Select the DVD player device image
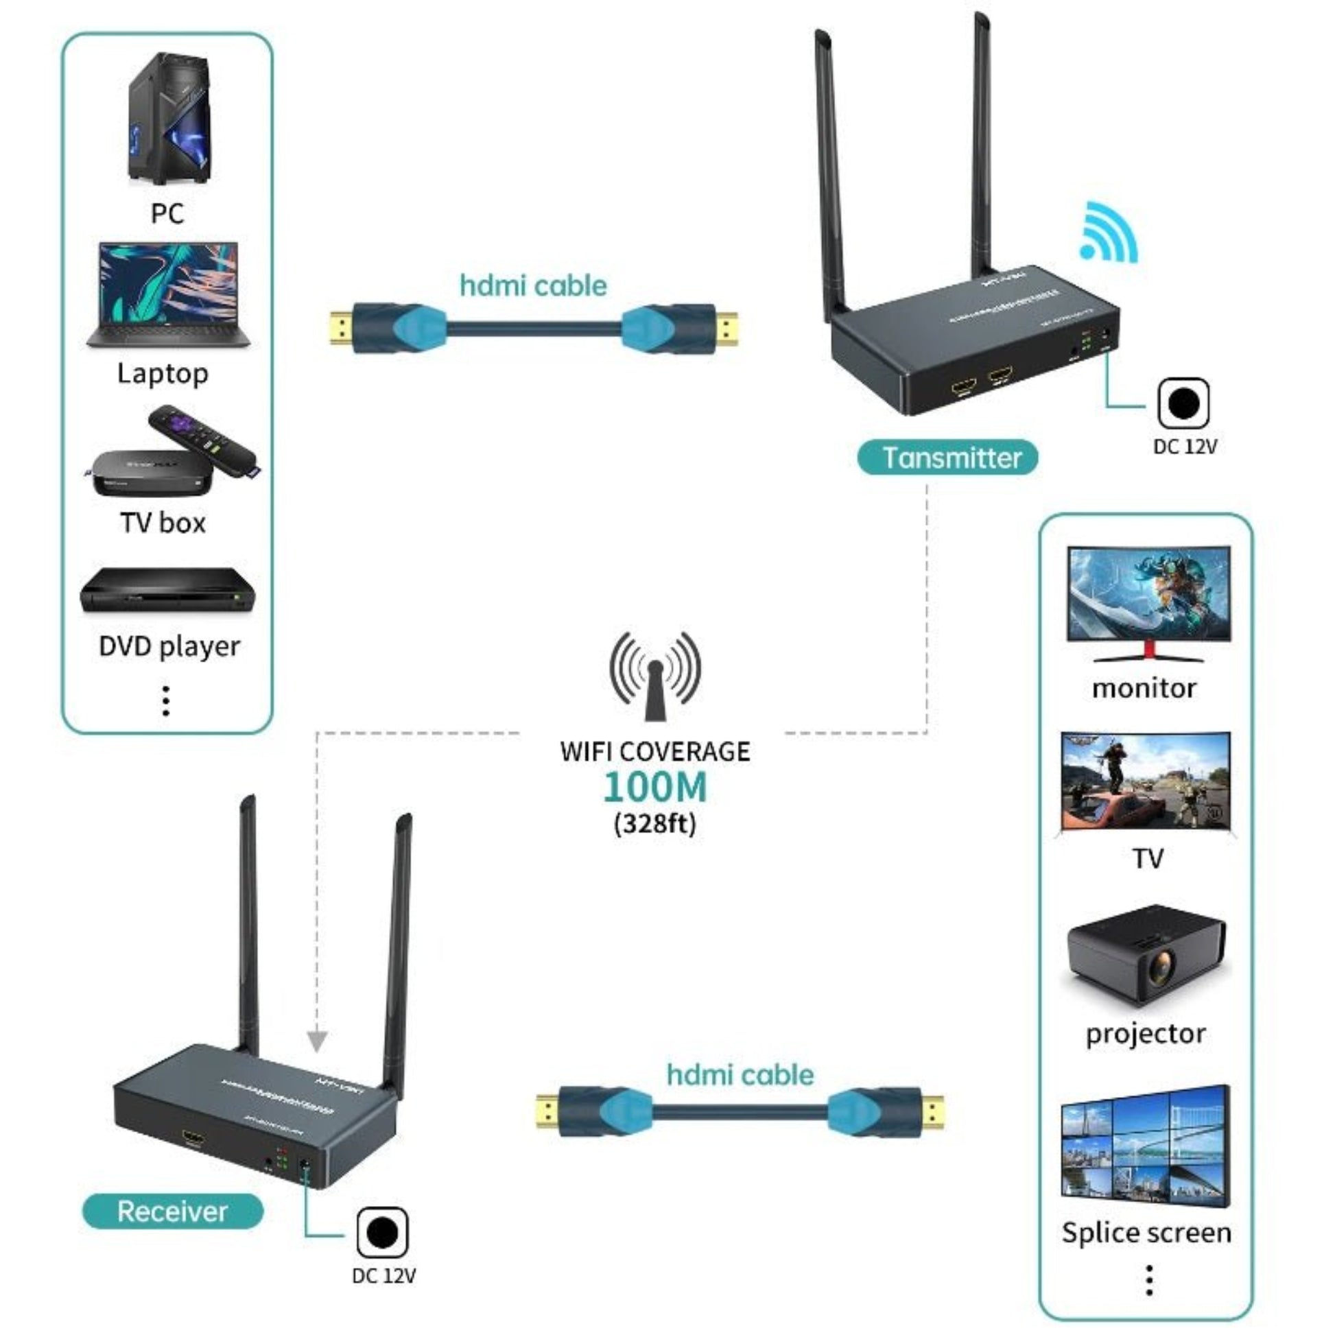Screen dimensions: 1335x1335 (x=167, y=591)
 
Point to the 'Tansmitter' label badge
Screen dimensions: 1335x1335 (x=947, y=458)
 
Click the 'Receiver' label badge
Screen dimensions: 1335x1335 (x=173, y=1212)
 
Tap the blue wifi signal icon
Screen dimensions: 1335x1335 (x=1108, y=233)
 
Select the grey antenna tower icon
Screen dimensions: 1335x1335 (x=654, y=677)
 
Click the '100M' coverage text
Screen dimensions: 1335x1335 (x=654, y=787)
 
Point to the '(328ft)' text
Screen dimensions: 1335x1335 (x=654, y=824)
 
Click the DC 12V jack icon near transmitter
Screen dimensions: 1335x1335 (x=1183, y=403)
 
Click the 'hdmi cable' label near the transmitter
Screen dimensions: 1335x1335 (x=533, y=286)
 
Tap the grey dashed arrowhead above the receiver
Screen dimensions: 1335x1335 (x=317, y=1041)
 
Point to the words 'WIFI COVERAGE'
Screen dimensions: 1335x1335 (x=654, y=752)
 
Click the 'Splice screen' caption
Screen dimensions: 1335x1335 (x=1146, y=1233)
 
